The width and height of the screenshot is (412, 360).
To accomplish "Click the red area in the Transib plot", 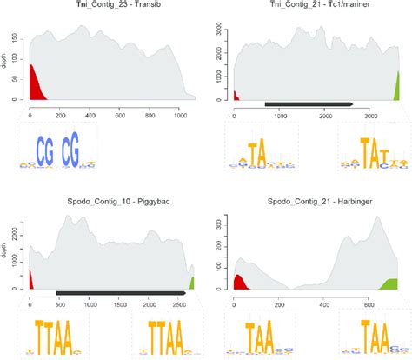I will pos(37,87).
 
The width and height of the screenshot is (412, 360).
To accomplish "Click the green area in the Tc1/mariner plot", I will pos(397,88).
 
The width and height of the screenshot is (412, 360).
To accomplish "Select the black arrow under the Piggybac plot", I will pos(122,293).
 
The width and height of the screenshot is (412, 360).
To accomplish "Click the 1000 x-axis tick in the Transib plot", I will pos(180,114).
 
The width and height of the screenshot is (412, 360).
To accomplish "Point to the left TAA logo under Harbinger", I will pos(261,337).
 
